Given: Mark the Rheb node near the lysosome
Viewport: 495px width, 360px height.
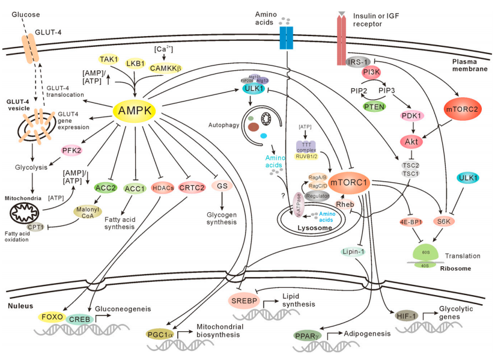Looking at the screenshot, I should pyautogui.click(x=345, y=204).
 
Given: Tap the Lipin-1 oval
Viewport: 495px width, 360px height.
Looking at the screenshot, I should pyautogui.click(x=354, y=251).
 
